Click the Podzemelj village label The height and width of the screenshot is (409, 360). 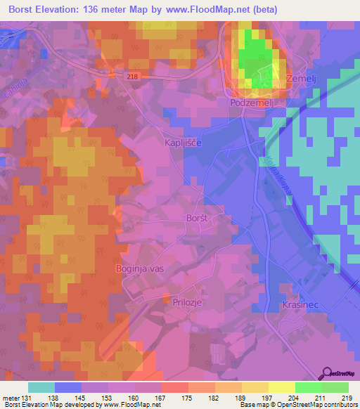pyautogui.click(x=252, y=103)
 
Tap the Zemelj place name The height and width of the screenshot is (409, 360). pyautogui.click(x=303, y=80)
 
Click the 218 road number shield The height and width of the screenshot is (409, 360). pyautogui.click(x=134, y=77)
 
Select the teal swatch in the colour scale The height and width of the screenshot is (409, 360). pyautogui.click(x=41, y=387)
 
